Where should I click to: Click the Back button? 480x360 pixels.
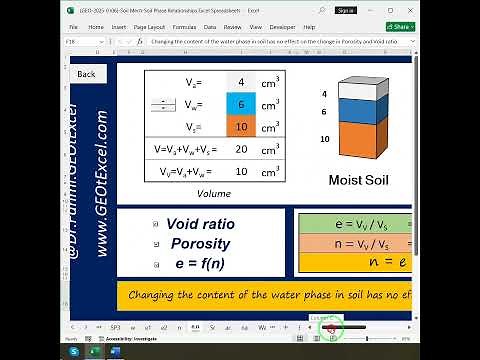pos(86,74)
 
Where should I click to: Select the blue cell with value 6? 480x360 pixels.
pos(241,104)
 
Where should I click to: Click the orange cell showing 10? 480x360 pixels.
pos(241,126)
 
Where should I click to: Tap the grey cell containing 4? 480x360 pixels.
pos(241,82)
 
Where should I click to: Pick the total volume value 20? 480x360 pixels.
pos(241,149)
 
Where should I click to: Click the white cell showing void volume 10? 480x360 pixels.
pos(241,171)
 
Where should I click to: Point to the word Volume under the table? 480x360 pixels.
pos(214,193)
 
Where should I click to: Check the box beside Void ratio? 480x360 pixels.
pos(156,225)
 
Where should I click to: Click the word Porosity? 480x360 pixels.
pos(200,244)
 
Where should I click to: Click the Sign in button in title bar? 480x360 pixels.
pos(346,9)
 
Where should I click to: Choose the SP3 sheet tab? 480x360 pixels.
pos(115,327)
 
